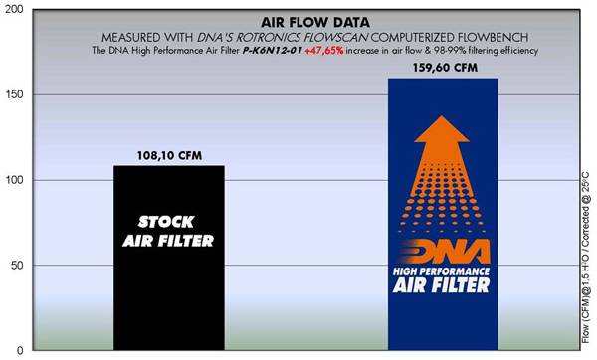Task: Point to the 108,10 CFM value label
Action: coord(168,156)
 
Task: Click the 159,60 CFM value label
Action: coord(442,69)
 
